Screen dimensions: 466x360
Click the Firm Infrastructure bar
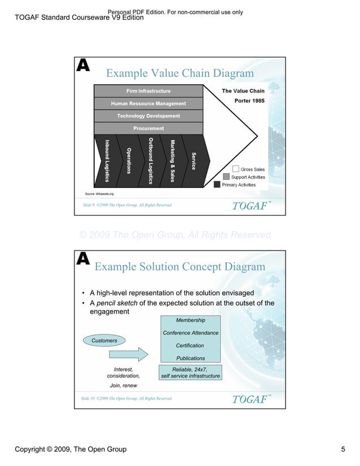click(x=148, y=91)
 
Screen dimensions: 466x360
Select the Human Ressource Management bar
click(x=148, y=103)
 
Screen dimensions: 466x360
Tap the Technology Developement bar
click(x=148, y=116)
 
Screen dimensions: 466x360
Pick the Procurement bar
click(x=148, y=128)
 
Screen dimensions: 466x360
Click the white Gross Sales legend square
click(x=235, y=169)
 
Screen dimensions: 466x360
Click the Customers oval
click(x=104, y=340)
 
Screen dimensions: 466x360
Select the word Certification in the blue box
click(x=190, y=345)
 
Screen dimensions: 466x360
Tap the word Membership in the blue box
click(x=190, y=320)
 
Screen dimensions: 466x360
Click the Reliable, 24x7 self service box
click(x=190, y=372)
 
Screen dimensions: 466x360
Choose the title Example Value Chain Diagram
click(x=180, y=73)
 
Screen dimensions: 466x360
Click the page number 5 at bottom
click(x=343, y=449)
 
